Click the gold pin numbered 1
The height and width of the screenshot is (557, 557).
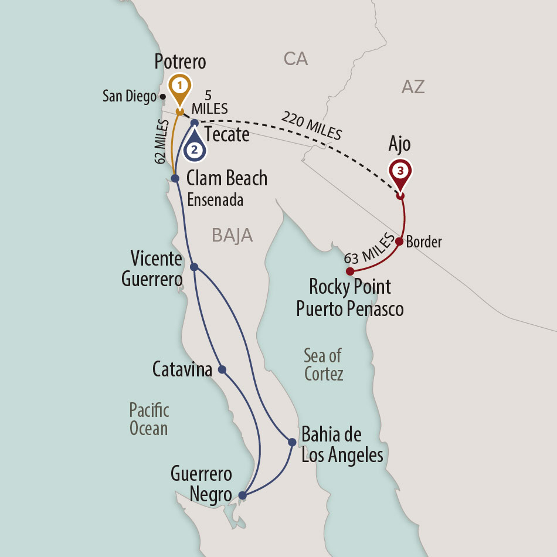180,86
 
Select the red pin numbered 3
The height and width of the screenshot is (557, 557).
400,171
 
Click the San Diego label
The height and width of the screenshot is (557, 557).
129,96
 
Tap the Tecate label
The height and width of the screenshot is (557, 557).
226,134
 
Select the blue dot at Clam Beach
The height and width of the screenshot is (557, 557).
175,178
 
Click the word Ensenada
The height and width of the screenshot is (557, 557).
215,200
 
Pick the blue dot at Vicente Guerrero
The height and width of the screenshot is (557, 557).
195,267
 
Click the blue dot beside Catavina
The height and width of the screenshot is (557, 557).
222,369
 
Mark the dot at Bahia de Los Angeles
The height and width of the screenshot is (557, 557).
292,441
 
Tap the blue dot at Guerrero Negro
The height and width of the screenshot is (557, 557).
243,495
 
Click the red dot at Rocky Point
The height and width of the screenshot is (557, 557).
349,271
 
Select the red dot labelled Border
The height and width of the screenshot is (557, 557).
399,241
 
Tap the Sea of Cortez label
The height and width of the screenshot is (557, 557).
323,364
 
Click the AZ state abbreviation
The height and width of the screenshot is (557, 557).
413,87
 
